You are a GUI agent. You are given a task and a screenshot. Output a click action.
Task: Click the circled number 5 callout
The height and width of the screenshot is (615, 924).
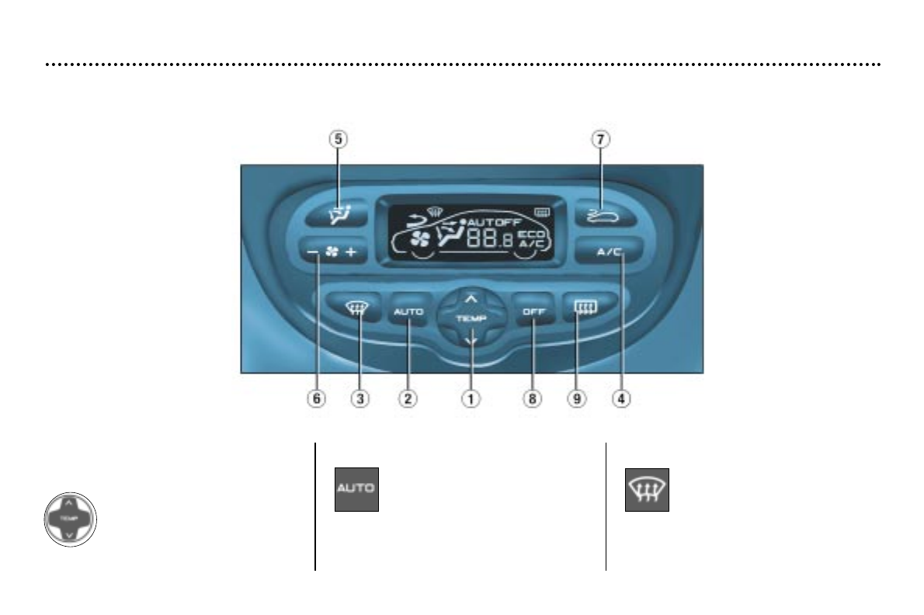(x=338, y=140)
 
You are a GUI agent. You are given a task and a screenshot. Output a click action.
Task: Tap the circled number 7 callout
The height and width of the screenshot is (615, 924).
(x=601, y=140)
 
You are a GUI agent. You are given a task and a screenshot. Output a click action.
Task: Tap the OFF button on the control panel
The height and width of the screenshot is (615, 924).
(x=533, y=311)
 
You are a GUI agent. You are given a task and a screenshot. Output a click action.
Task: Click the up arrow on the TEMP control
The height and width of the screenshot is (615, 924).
(x=470, y=297)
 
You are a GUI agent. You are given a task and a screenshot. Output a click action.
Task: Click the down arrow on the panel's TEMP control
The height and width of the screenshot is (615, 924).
(x=470, y=339)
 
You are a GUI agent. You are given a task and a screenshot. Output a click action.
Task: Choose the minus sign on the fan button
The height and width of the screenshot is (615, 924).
(x=312, y=253)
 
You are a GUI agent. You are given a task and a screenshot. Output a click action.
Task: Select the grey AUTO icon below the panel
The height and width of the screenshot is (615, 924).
(x=356, y=489)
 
